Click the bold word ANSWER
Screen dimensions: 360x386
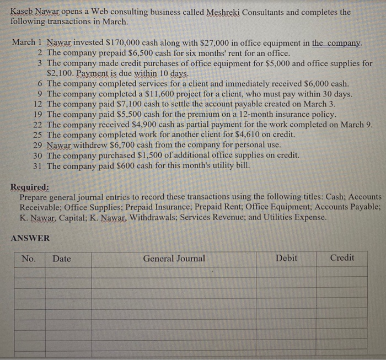pos(30,238)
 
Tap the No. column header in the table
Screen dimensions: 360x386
pos(28,259)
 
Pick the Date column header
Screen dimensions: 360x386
pos(62,259)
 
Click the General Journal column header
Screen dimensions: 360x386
pos(174,258)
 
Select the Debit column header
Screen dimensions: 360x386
pos(286,258)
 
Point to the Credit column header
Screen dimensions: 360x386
pos(342,257)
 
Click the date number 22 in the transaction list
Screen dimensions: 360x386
pos(38,125)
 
